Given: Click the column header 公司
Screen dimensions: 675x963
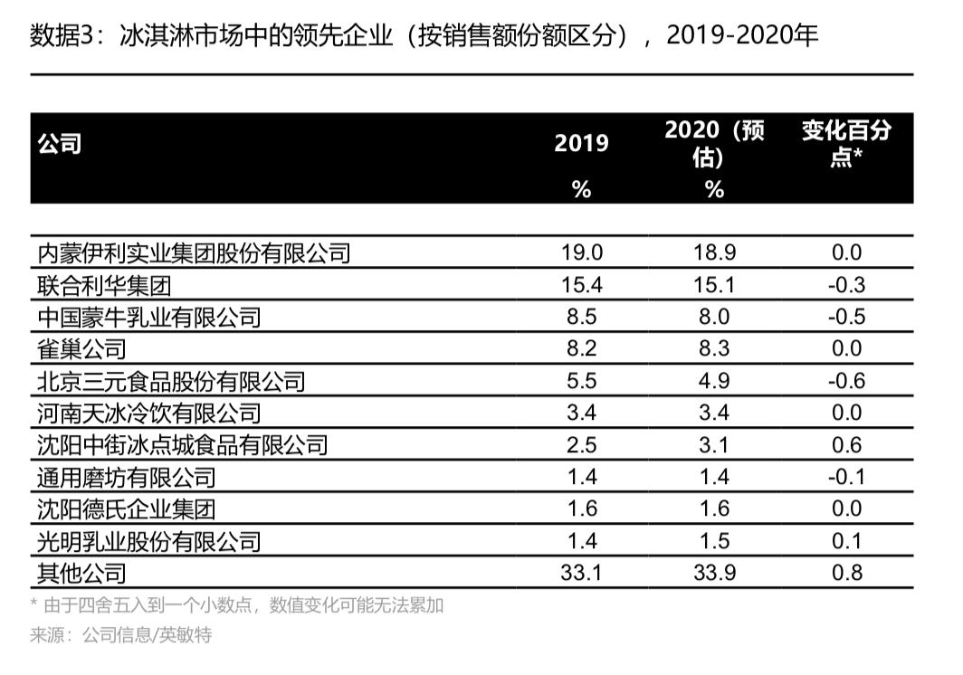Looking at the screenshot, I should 60,144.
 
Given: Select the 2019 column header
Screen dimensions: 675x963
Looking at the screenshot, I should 581,144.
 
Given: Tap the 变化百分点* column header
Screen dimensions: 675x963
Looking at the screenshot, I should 845,143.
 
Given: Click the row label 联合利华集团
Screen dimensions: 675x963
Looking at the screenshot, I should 104,286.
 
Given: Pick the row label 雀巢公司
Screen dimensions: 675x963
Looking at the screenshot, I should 81,349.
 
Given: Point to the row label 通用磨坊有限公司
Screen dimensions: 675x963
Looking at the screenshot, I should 127,477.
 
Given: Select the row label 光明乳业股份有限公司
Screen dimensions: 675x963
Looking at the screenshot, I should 149,541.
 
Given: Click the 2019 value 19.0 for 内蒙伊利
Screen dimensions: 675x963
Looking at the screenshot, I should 582,253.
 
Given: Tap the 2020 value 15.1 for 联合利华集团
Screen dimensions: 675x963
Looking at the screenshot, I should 714,286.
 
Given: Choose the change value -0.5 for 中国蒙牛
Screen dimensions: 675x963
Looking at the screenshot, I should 846,318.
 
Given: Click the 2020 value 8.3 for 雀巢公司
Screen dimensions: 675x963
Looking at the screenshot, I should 714,349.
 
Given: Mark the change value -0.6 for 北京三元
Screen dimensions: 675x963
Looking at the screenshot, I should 846,381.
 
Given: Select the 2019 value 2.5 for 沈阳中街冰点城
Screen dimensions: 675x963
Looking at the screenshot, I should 582,445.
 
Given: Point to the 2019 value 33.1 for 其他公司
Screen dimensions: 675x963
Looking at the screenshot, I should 582,573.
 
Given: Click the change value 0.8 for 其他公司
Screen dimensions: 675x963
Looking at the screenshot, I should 846,573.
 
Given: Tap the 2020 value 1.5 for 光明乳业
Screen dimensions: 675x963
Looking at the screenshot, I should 714,541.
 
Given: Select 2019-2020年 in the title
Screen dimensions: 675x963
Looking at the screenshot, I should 742,36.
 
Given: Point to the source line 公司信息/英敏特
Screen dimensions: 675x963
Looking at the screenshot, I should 147,635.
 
